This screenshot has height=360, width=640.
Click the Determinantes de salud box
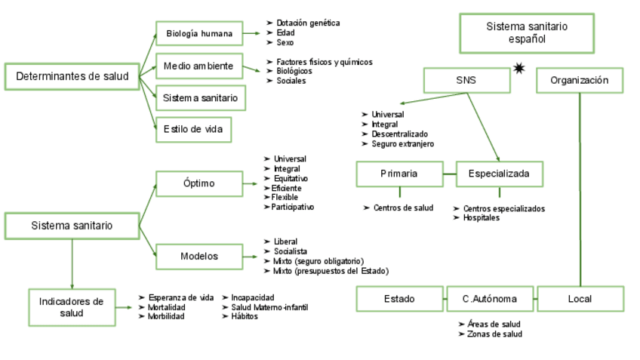pos(72,76)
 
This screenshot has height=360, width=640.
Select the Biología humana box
pos(199,33)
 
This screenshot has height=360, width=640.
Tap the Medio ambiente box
pos(199,66)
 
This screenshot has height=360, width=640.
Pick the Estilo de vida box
pos(193,129)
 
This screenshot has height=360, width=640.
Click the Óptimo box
pos(198,183)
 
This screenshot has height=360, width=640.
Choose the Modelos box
pos(198,256)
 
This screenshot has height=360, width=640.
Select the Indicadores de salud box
pos(72,306)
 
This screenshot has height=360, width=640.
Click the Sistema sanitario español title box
pos(527,32)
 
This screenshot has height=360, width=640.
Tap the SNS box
pos(466,81)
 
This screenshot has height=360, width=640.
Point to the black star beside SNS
pos(518,69)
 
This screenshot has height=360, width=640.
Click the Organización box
pos(580,81)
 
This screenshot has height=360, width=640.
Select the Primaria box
pos(398,174)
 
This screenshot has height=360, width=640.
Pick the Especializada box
pos(499,174)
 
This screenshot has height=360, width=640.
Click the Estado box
pos(399,299)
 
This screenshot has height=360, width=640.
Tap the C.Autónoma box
pos(490,299)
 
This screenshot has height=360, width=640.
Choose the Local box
pos(580,299)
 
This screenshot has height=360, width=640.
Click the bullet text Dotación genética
pos(308,23)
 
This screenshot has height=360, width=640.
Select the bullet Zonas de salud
pos(494,334)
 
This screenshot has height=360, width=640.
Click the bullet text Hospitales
pos(482,218)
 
